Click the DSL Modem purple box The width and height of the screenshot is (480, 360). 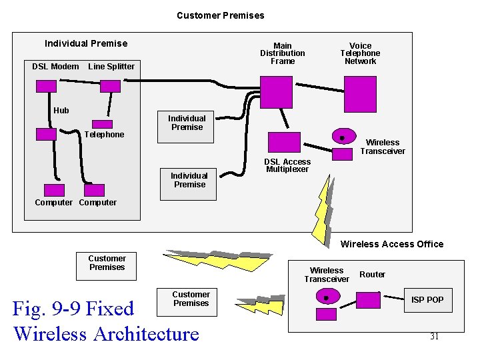tap(46, 86)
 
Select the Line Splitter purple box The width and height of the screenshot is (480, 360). tap(110, 86)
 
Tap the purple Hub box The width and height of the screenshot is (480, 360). tap(46, 133)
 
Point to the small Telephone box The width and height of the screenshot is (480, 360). tap(102, 123)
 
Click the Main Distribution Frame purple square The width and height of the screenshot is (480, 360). tap(276, 92)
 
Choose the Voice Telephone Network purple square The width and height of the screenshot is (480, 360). tap(360, 92)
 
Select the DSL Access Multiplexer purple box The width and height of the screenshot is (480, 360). tap(284, 142)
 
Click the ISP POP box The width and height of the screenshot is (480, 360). tap(427, 299)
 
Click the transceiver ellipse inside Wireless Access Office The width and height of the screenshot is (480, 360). tap(326, 297)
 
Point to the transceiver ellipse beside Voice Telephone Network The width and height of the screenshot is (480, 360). tap(343, 137)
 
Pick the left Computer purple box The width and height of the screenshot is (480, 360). tap(53, 190)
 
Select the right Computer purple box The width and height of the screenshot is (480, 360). tap(95, 190)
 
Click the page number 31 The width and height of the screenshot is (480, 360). tap(434, 337)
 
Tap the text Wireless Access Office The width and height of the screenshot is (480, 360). tap(391, 244)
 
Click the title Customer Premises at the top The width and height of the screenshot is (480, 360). tap(220, 15)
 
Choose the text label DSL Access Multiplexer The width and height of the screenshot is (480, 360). tap(287, 165)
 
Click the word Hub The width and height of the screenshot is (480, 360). tap(61, 110)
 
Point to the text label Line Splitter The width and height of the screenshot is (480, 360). tap(111, 66)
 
